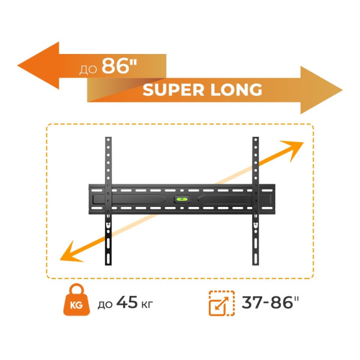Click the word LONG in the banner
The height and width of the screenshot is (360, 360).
[235, 90]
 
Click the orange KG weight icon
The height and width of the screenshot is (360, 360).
[75, 304]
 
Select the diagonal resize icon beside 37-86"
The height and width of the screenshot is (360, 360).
[220, 304]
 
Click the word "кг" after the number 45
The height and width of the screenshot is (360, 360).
[146, 305]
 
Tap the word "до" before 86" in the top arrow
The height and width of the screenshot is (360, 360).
[89, 67]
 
